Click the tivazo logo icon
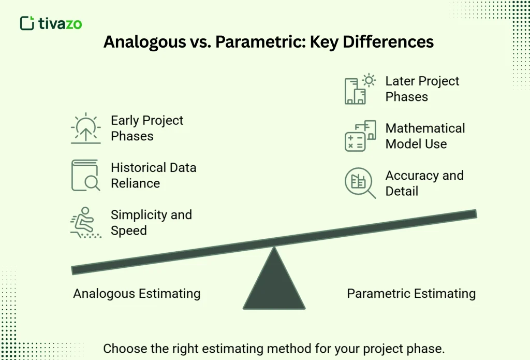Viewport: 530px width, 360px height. (x=27, y=23)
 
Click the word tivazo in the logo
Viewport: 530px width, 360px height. (x=60, y=23)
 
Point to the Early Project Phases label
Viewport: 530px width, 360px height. (x=147, y=128)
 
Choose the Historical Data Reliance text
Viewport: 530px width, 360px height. (x=153, y=176)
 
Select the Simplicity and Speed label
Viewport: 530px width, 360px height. (x=151, y=223)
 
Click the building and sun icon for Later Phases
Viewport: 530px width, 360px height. (x=360, y=89)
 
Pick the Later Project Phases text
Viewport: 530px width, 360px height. (x=422, y=89)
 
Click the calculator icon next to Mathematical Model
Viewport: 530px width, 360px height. (x=360, y=136)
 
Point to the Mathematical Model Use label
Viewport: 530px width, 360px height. (x=425, y=136)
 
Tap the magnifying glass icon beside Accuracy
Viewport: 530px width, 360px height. (x=360, y=183)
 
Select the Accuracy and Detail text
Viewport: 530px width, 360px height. (x=424, y=183)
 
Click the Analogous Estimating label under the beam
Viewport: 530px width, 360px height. (x=137, y=294)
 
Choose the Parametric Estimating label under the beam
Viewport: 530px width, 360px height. (x=411, y=294)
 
